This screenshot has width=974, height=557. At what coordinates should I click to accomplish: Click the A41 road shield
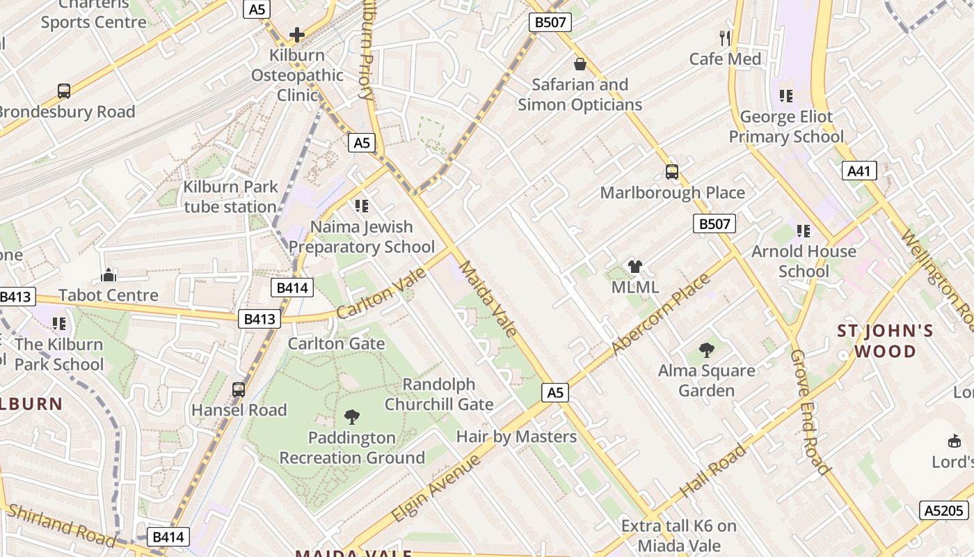point(859,171)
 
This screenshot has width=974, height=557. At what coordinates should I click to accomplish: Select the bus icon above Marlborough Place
point(671,171)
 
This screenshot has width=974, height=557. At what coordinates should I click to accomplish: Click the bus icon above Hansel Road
point(239,389)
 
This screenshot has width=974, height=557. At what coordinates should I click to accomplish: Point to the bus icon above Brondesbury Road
point(64,91)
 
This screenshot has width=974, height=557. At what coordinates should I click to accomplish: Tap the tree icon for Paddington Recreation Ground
point(352,417)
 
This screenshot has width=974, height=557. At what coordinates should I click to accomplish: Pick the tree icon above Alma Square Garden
point(707,350)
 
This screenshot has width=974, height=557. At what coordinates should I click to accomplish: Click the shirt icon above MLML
point(634,266)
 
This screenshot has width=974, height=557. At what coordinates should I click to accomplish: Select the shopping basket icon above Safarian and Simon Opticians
point(580,64)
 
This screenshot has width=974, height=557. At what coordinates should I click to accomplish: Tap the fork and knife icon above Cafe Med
point(725,38)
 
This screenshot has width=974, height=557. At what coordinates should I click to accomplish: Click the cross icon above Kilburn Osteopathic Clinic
point(297,34)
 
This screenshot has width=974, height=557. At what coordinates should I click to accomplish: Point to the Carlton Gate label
point(336,343)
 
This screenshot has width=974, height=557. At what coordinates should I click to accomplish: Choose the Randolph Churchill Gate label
point(439,394)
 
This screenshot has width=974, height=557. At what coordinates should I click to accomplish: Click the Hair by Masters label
point(516,437)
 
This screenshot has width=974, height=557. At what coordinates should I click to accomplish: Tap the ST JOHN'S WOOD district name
point(886,340)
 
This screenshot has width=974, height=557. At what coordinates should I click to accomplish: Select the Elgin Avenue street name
point(436,488)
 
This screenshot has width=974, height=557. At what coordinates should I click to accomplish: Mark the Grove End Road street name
point(810,412)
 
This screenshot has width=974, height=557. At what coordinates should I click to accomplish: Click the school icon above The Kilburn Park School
point(59,324)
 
